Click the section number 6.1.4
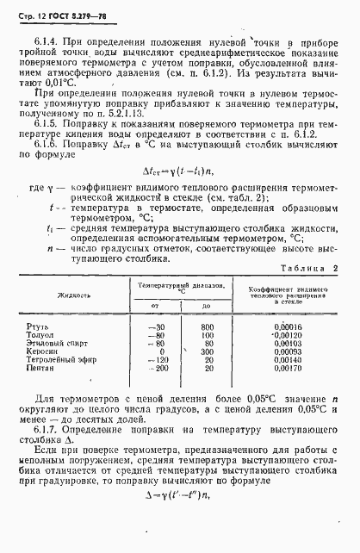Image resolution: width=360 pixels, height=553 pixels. click(45, 41)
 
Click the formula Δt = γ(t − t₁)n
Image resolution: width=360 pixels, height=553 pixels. click(177, 172)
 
